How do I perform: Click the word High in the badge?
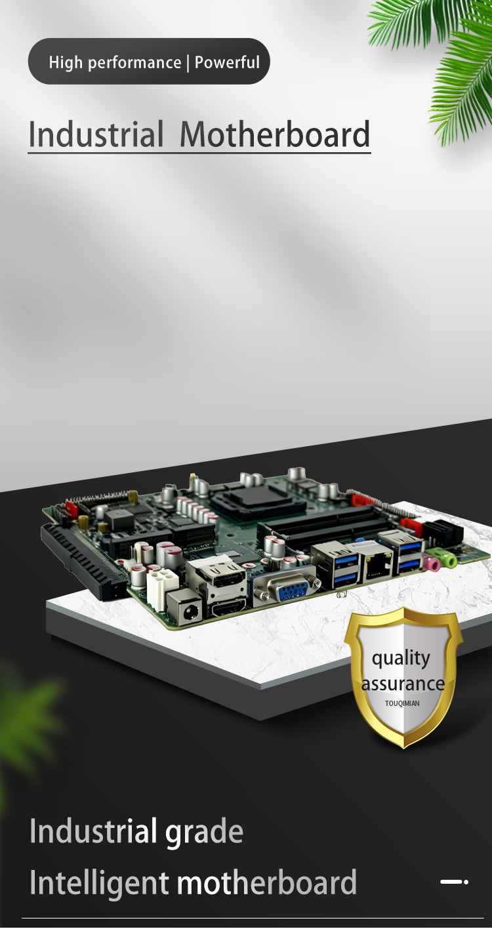[66, 62]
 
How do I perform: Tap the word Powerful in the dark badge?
[228, 62]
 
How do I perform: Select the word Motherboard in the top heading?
[275, 134]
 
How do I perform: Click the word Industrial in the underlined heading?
[95, 134]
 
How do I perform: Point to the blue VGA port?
[287, 587]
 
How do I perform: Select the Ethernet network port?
[377, 562]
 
